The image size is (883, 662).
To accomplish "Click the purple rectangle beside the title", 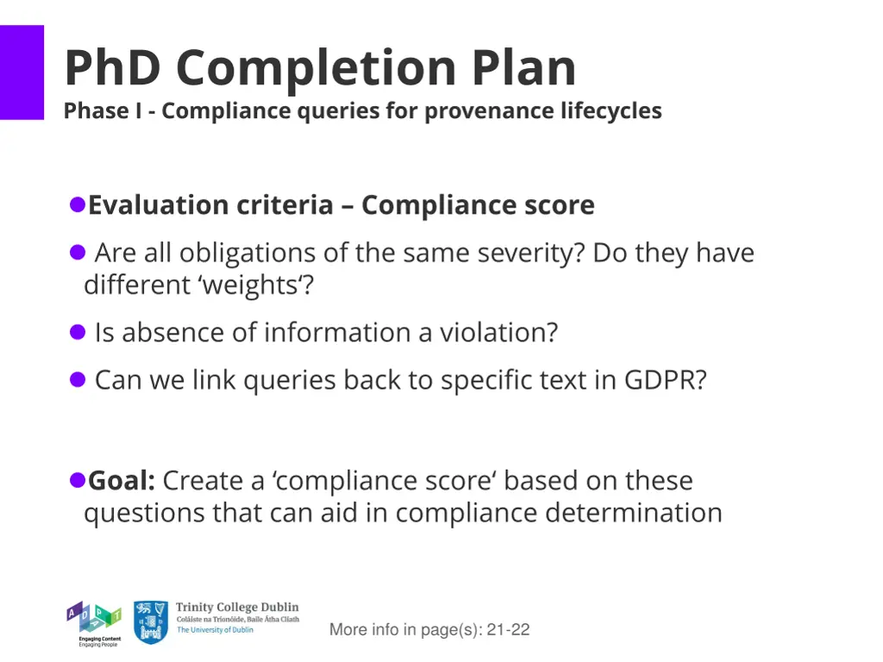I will (x=22, y=72).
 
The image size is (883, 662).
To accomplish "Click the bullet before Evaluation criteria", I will (x=77, y=205).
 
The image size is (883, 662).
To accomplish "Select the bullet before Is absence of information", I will (x=78, y=332).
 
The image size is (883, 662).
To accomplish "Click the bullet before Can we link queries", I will (x=78, y=379).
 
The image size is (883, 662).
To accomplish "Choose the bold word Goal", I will (x=121, y=480).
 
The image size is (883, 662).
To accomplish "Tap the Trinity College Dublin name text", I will (x=237, y=608).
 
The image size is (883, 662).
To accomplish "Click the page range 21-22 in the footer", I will (x=508, y=630).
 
